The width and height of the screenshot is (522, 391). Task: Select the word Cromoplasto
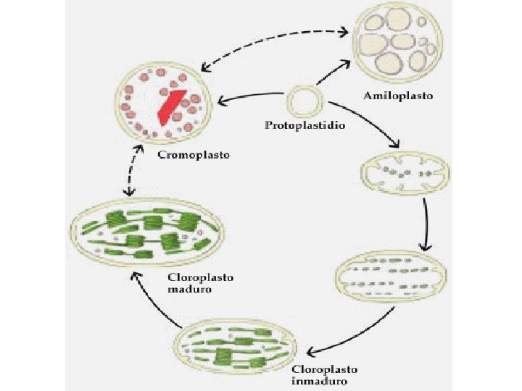[x=193, y=155]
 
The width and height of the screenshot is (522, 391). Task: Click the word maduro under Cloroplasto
[x=190, y=290]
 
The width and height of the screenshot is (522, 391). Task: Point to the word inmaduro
[x=320, y=381]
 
